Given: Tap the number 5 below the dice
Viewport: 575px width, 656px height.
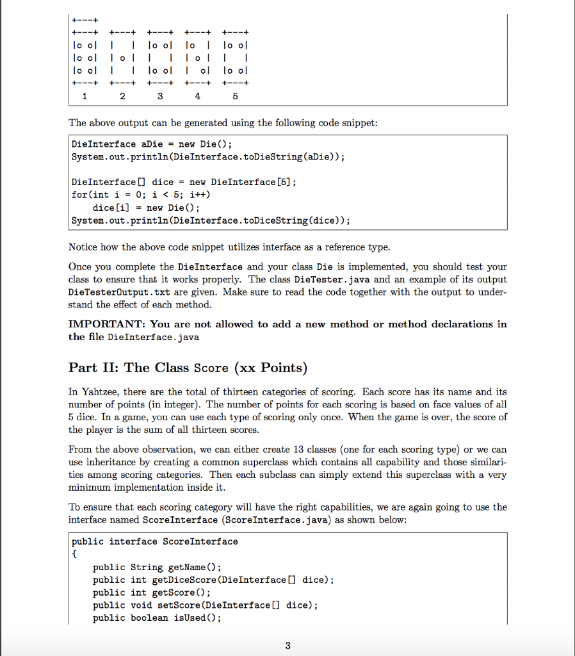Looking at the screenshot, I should [x=235, y=96].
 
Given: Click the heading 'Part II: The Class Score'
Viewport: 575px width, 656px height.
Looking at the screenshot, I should [x=188, y=368].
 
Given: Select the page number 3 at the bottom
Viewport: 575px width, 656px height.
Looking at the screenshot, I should [x=287, y=645].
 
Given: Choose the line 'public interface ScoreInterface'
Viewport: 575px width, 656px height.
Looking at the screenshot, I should [x=154, y=541].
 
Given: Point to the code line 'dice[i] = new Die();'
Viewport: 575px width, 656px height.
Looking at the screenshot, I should [x=146, y=208].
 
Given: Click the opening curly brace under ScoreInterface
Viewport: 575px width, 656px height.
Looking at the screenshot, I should [x=74, y=554].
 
